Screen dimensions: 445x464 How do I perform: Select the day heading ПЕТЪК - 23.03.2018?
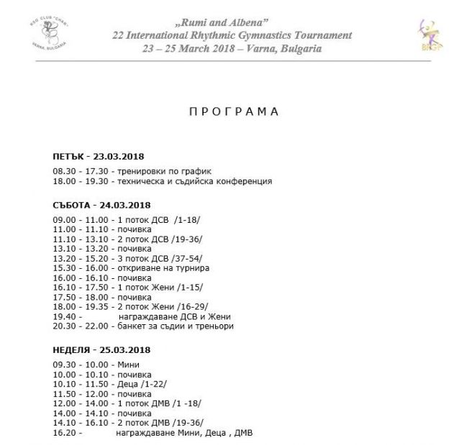[x=101, y=156]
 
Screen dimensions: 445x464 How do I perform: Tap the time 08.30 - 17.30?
[x=79, y=170]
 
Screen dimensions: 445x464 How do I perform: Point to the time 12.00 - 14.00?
[x=79, y=403]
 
